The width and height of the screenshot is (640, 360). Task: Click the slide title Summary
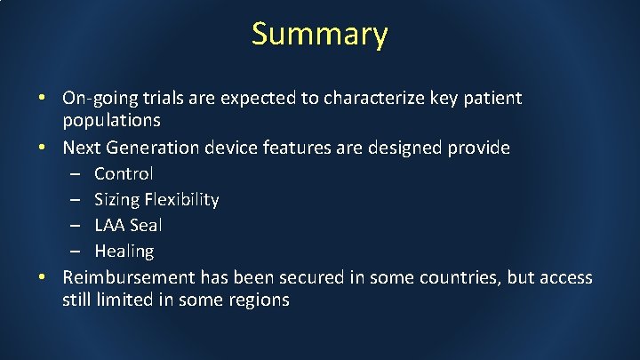(319, 34)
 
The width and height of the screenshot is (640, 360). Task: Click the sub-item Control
(124, 173)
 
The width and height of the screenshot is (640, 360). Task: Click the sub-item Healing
(124, 252)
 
